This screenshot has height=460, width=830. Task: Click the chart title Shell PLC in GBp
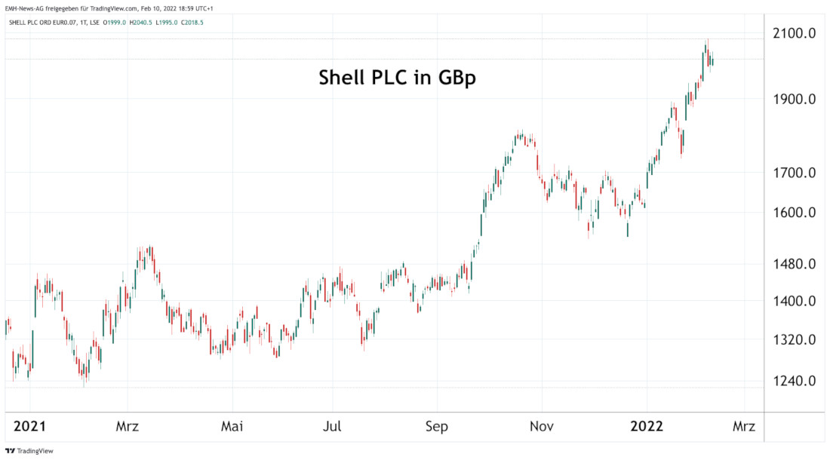[397, 78]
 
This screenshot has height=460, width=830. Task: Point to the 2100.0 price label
[795, 33]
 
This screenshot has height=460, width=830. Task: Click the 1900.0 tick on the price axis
[795, 99]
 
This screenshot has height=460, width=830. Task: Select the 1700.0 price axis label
[795, 173]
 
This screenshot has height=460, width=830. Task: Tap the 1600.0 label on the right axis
[795, 213]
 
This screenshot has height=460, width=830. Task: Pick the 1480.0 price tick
[795, 264]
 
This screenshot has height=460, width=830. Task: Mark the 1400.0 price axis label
[795, 302]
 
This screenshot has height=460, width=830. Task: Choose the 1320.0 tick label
[795, 340]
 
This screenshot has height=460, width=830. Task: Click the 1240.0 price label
[795, 381]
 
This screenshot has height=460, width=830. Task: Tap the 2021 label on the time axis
[29, 427]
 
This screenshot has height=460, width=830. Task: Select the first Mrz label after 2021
[128, 427]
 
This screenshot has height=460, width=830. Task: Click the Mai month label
[232, 427]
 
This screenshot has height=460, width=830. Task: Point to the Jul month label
[333, 427]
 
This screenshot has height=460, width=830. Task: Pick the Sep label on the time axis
[436, 427]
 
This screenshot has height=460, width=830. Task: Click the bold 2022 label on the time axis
[647, 427]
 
